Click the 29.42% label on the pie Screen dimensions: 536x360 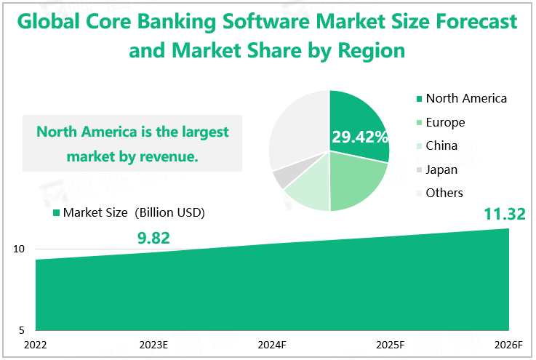click(360, 137)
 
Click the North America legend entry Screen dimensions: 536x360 click(462, 98)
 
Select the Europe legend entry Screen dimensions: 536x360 click(441, 122)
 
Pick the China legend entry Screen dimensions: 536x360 click(437, 145)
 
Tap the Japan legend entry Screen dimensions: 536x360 click(437, 169)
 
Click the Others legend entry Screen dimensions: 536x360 click(440, 193)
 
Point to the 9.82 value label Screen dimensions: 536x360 click(153, 239)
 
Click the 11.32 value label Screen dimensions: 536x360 click(505, 215)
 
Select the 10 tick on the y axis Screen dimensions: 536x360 click(19, 249)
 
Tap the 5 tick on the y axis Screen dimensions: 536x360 click(22, 330)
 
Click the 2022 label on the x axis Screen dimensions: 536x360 click(35, 345)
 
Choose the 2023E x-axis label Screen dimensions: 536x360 click(153, 345)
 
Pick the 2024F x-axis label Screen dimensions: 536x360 click(272, 345)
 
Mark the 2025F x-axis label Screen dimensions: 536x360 click(390, 345)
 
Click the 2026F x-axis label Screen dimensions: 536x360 click(508, 345)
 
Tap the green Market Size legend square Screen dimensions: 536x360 click(57, 213)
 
